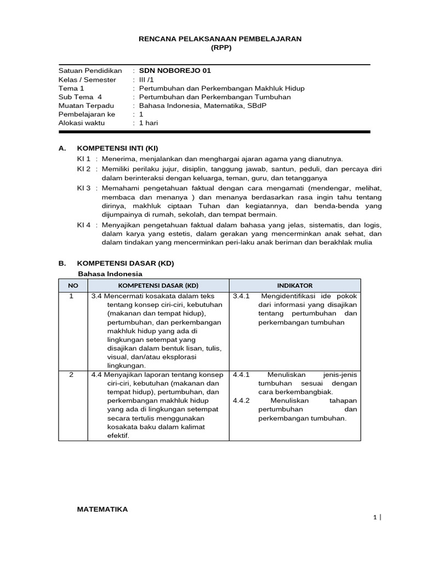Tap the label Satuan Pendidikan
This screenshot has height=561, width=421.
pos(90,71)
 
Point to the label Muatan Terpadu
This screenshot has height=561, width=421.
pos(86,106)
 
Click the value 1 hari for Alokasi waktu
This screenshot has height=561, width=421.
pos(149,123)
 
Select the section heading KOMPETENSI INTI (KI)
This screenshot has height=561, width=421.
pos(118,148)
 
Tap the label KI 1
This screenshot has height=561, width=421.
pos(83,158)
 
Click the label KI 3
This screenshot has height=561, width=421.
pos(83,188)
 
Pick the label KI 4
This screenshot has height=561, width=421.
pos(83,225)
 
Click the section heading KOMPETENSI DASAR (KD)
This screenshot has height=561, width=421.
pos(126,263)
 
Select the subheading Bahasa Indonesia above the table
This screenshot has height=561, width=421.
pos(110,273)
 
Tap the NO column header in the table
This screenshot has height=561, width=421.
pos(73,285)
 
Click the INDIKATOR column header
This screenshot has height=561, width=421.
pos(294,285)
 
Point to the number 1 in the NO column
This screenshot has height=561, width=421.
pos(71,296)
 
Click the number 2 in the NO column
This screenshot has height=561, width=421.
pos(71,375)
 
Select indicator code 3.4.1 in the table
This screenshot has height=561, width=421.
pos(241,296)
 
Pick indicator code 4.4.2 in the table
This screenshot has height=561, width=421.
pos(241,400)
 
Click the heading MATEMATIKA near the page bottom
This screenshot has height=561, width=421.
pos(103,510)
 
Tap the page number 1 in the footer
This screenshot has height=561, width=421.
pos(375,517)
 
